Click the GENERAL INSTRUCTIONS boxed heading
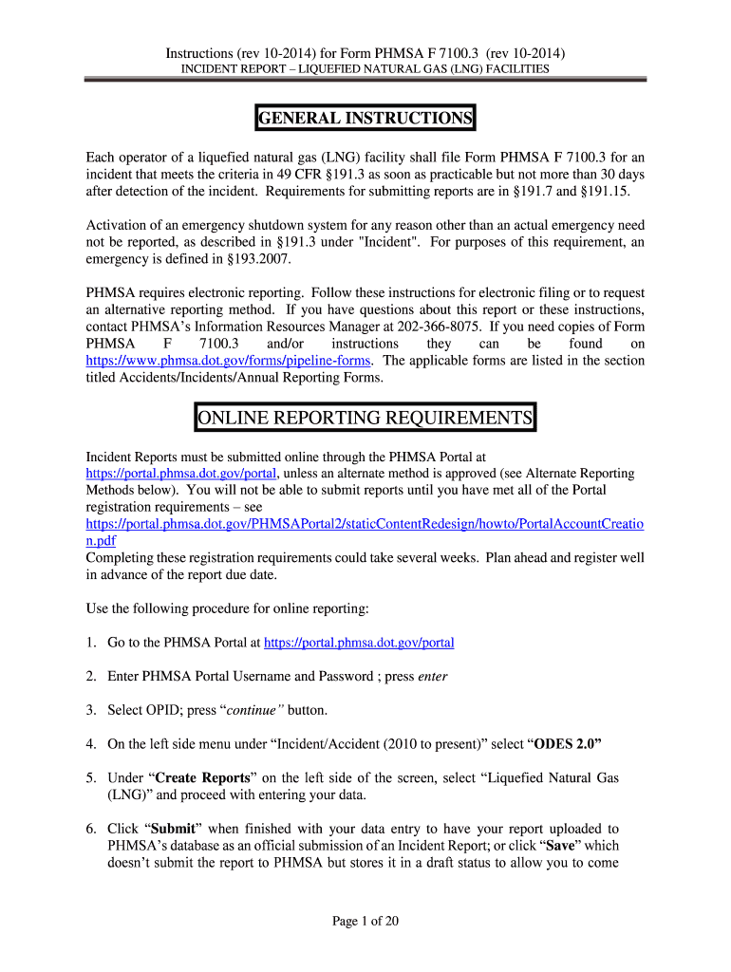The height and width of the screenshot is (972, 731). click(365, 119)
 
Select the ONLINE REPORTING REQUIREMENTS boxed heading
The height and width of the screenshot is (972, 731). click(365, 419)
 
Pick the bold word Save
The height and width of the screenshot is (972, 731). click(567, 846)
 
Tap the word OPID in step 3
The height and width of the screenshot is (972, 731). click(174, 710)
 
